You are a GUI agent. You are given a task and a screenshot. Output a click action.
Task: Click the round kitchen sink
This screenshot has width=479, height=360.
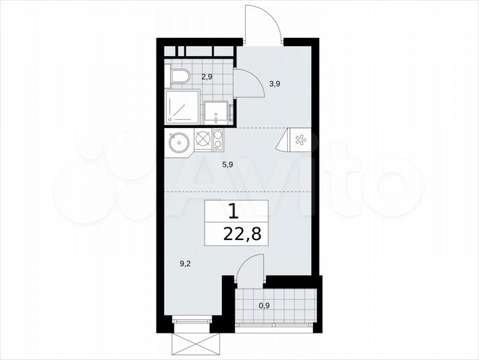pyautogui.click(x=178, y=142)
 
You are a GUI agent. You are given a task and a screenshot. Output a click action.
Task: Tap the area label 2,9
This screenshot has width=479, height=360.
pyautogui.click(x=207, y=77)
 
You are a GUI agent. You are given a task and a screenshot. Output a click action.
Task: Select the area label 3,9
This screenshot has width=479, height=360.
pyautogui.click(x=274, y=84)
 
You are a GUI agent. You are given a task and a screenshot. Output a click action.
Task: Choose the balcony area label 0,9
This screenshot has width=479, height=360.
pyautogui.click(x=264, y=307)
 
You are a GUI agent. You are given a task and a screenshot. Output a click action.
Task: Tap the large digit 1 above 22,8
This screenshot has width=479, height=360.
pyautogui.click(x=233, y=212)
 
